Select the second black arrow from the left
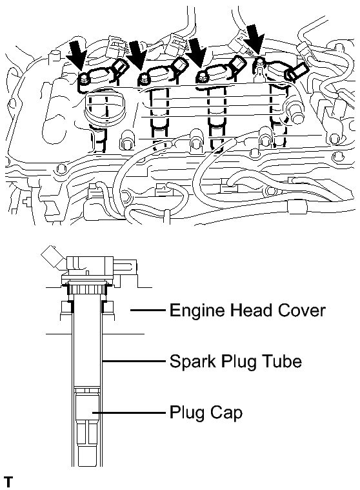137,55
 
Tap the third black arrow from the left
196,55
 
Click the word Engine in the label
197,311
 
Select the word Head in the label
252,311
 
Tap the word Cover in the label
302,311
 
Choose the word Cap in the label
226,413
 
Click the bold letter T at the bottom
8,482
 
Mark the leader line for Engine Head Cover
147,310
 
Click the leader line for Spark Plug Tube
134,362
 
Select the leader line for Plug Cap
128,413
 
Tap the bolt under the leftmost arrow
83,78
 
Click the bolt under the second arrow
145,78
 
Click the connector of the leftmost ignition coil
121,67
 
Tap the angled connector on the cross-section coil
53,256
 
